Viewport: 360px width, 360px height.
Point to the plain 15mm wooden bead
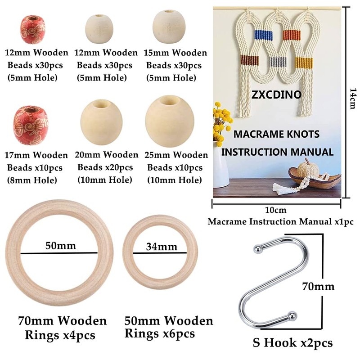click(x=169, y=27)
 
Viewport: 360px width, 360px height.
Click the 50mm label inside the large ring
click(x=61, y=246)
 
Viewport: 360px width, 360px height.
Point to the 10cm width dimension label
click(x=275, y=210)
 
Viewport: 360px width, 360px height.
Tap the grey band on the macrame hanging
click(x=275, y=62)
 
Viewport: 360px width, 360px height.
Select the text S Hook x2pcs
click(x=293, y=343)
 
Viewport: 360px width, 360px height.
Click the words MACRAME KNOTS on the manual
click(x=276, y=134)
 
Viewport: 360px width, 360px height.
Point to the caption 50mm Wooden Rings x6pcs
click(x=169, y=327)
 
